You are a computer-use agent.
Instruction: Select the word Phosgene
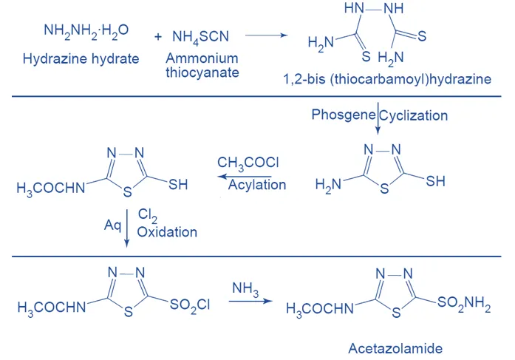pos(343,115)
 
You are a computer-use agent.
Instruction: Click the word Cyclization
pos(414,115)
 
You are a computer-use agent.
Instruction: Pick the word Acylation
pos(256,185)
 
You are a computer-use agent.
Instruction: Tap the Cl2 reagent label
pos(147,214)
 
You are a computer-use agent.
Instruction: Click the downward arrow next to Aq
pos(128,225)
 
